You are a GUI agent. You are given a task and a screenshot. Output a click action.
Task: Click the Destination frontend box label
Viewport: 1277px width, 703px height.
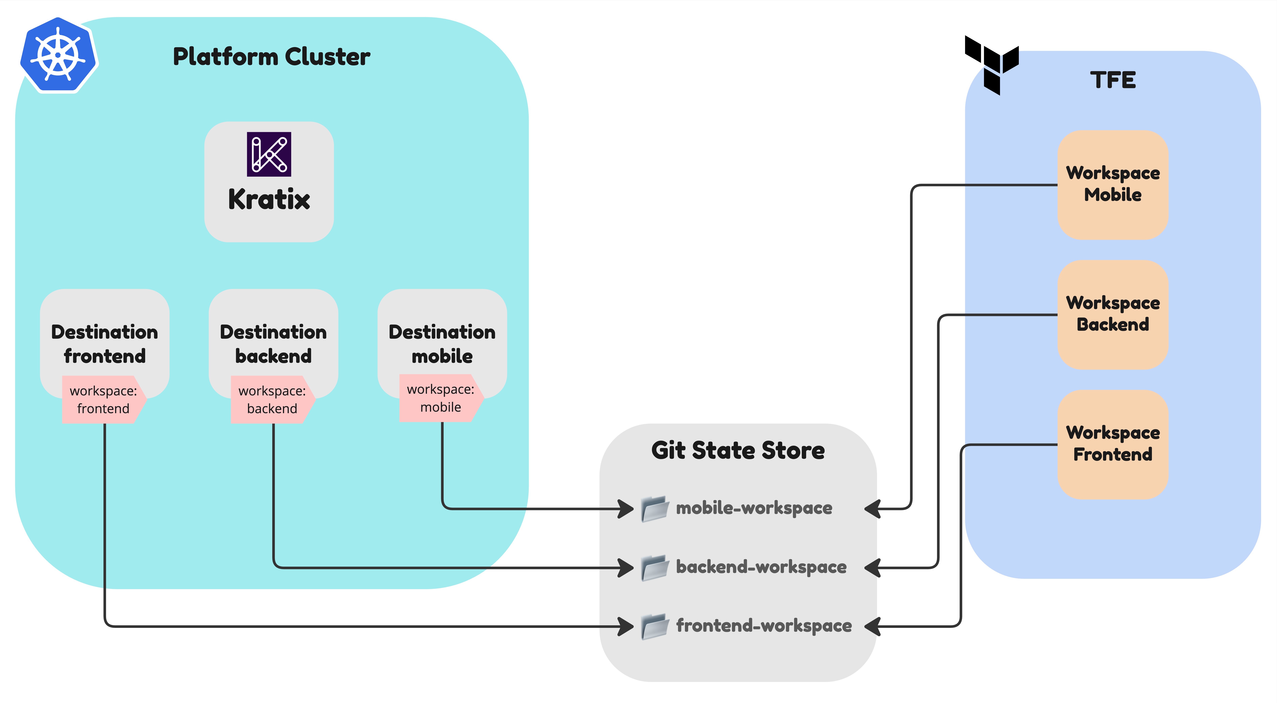(105, 344)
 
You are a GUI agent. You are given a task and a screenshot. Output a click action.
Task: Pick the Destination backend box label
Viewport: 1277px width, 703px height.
(273, 344)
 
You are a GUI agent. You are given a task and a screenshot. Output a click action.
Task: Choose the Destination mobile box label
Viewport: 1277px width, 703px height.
(442, 344)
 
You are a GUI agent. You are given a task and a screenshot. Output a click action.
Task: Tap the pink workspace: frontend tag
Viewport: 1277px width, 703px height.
(103, 400)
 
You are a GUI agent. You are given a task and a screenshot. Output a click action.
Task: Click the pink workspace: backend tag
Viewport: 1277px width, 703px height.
(272, 400)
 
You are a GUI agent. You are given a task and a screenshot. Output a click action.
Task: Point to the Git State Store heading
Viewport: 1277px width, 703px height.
(738, 451)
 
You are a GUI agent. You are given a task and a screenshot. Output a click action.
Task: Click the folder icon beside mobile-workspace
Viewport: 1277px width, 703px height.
(654, 509)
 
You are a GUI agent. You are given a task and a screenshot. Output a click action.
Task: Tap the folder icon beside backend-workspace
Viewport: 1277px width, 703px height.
(654, 568)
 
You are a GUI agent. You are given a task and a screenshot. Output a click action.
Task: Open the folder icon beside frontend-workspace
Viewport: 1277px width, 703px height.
(654, 627)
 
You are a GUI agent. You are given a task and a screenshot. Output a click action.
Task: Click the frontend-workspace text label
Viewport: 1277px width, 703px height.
(763, 626)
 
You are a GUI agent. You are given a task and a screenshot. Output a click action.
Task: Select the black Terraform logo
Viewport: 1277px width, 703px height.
(991, 64)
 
